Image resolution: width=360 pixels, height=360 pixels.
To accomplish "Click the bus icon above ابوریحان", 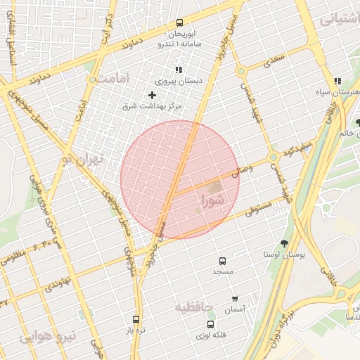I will pyautogui.click(x=179, y=22).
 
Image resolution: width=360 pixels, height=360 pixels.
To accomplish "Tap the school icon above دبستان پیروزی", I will pyautogui.click(x=179, y=70).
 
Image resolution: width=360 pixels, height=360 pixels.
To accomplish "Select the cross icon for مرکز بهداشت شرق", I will pyautogui.click(x=152, y=95).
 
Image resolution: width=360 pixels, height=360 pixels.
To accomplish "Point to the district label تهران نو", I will pyautogui.click(x=82, y=160).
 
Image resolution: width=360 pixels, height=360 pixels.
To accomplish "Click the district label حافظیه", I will pyautogui.click(x=193, y=307).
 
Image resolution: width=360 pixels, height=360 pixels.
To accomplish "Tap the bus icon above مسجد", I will pyautogui.click(x=223, y=260).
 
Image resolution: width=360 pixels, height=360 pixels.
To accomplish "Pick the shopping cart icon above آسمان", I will pyautogui.click(x=234, y=298).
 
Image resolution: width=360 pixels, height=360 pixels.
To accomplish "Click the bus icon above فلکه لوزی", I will pyautogui.click(x=211, y=324).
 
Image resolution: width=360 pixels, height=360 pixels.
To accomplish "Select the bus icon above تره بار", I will pyautogui.click(x=136, y=319).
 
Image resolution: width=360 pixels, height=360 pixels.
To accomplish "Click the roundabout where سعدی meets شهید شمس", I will pyautogui.click(x=241, y=71).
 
